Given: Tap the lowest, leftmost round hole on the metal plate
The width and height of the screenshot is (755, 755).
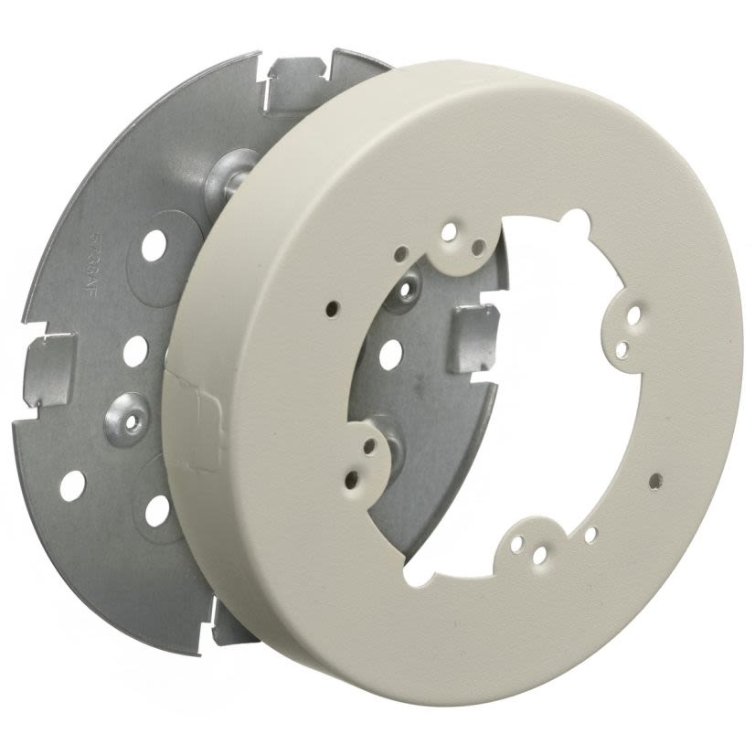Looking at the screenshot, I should click(72, 484).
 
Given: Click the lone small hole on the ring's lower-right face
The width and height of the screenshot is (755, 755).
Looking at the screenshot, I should click(654, 478).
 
